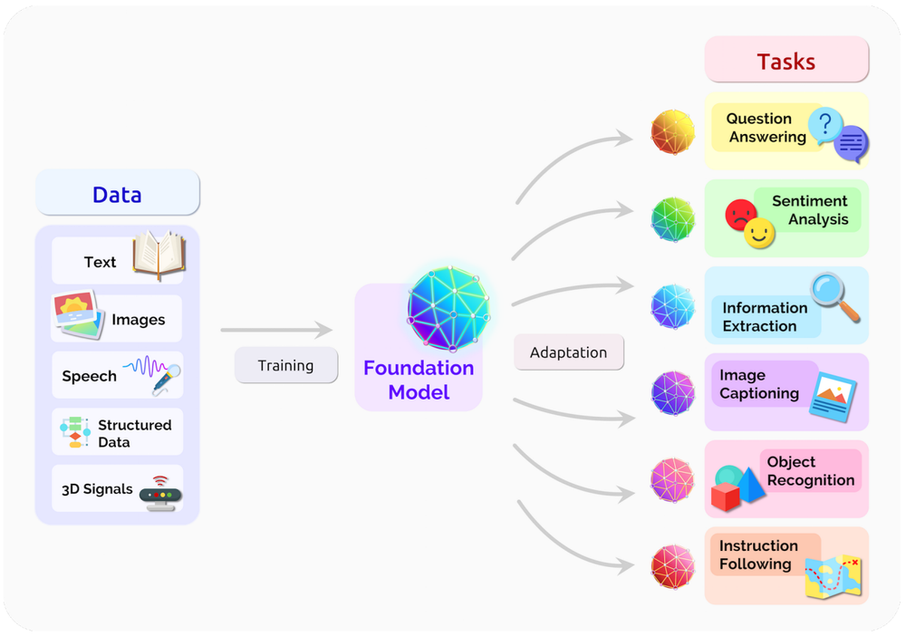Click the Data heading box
(x=117, y=194)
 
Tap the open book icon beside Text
(x=159, y=255)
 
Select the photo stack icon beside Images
(x=77, y=315)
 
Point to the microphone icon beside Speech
(x=166, y=378)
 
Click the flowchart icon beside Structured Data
(x=74, y=432)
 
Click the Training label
(x=285, y=365)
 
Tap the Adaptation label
(x=568, y=352)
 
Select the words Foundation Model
(x=419, y=380)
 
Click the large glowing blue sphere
(x=448, y=308)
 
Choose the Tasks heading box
(x=786, y=61)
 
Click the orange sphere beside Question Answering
(x=672, y=132)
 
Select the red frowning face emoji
(x=740, y=215)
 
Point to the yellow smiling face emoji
(x=759, y=235)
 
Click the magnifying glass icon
(x=834, y=296)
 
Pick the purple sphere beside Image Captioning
(x=672, y=393)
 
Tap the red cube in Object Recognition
(x=726, y=496)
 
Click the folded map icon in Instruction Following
(x=833, y=575)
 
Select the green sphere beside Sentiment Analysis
(x=672, y=219)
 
